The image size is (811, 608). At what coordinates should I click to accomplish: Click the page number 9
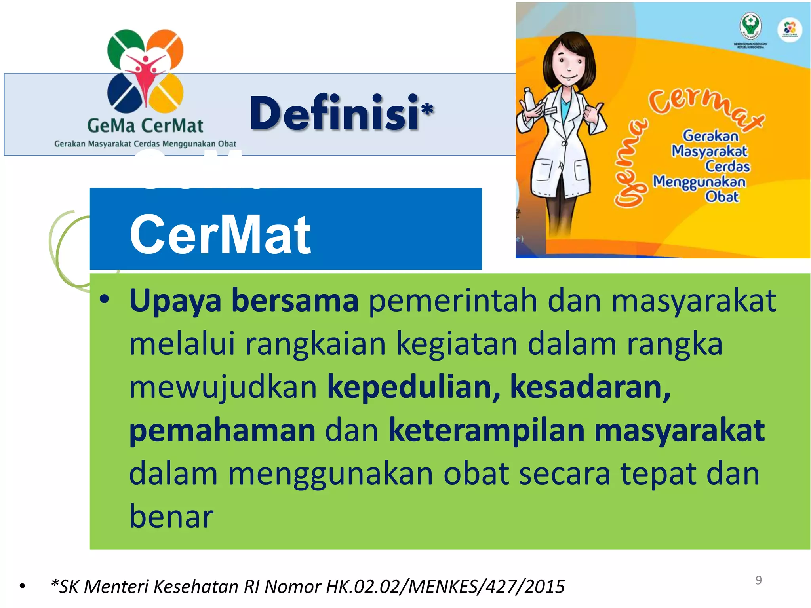pos(758,580)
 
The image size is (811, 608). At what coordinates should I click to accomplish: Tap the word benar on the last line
pos(171,517)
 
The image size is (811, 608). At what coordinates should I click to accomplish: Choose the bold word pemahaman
pos(222,431)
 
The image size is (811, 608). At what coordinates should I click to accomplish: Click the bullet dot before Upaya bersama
pos(104,300)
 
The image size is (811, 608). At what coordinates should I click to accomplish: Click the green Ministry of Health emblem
pos(750,26)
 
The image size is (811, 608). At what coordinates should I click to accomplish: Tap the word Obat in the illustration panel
pos(722,197)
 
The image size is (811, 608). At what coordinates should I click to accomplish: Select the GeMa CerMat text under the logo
pos(145,126)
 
